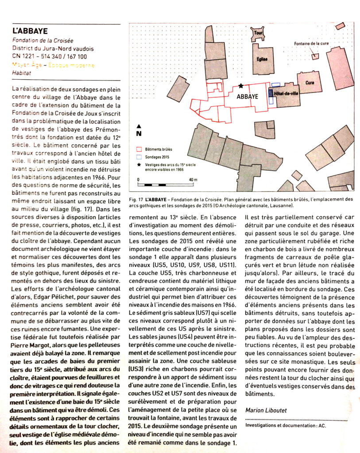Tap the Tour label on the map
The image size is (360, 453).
point(258,33)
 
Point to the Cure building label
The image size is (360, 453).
point(310,83)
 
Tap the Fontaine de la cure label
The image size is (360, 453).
point(311,44)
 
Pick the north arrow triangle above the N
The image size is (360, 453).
point(139,126)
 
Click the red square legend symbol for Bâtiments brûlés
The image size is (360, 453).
point(139,150)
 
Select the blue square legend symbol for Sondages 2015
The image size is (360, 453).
point(139,157)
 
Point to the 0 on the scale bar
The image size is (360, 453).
point(139,180)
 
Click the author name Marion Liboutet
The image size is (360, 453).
point(266,410)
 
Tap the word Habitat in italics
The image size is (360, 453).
point(22,74)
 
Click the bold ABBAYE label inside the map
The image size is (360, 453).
point(248,96)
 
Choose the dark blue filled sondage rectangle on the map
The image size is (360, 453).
point(271,93)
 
